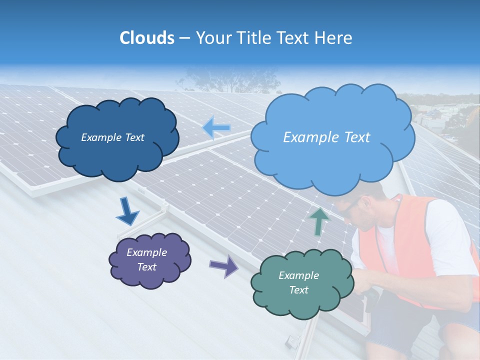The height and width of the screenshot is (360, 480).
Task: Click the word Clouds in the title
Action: coord(146,38)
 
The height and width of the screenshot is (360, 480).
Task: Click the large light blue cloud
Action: coord(332,160)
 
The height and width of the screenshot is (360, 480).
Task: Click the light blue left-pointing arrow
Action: coord(216,128)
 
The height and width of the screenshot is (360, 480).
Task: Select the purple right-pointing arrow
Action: coord(223,266)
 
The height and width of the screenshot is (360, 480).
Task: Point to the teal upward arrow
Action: coord(319,220)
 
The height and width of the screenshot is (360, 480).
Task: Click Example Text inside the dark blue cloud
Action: coord(112,137)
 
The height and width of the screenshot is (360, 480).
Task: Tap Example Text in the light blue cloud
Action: coord(326,137)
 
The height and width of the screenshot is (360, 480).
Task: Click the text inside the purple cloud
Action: coord(146,259)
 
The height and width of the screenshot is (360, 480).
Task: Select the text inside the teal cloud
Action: coord(298,282)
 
